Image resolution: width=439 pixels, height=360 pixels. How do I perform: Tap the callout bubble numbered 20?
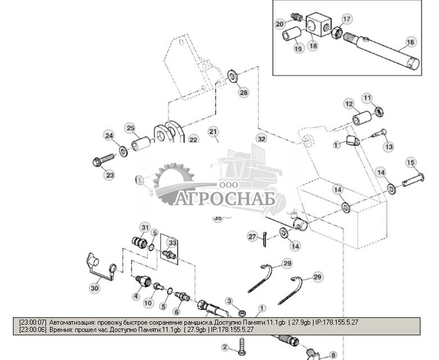pos(280,24)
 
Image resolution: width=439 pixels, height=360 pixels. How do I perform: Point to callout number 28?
pos(243,93)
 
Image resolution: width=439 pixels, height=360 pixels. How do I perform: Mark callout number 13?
pos(389,147)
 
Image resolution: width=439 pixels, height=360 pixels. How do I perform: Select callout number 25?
pos(130,129)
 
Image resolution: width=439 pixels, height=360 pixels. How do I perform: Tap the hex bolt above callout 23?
pos(103,162)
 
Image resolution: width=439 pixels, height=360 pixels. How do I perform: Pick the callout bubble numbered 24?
pos(109,135)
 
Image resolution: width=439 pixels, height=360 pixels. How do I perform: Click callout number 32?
pos(261,138)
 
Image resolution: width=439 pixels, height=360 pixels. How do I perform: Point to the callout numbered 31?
pos(146,227)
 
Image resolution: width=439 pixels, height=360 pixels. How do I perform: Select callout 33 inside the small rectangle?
pos(172,243)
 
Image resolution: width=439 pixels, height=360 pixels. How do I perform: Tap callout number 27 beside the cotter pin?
pos(252,236)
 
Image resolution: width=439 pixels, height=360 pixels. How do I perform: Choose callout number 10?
pos(148,303)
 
